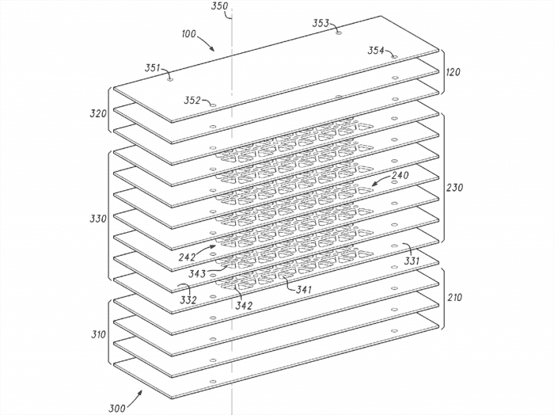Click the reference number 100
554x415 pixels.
click(x=188, y=34)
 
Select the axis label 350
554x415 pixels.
click(x=219, y=6)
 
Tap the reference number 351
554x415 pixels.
click(x=152, y=68)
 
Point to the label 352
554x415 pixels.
click(x=192, y=101)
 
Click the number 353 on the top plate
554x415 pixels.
click(x=321, y=23)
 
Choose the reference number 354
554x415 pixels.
click(x=376, y=51)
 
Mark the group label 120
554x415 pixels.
click(x=453, y=72)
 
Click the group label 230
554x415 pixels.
click(x=454, y=188)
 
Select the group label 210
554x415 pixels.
click(x=454, y=298)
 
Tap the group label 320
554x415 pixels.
click(x=98, y=114)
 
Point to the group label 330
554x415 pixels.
click(x=98, y=219)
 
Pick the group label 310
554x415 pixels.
click(x=99, y=334)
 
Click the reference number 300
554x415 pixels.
click(x=116, y=409)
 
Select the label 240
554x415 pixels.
click(x=400, y=175)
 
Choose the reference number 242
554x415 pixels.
click(x=187, y=257)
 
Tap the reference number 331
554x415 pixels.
click(x=412, y=261)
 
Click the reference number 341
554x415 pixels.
click(x=304, y=290)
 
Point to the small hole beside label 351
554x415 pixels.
click(x=170, y=79)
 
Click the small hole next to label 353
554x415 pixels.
click(x=339, y=33)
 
